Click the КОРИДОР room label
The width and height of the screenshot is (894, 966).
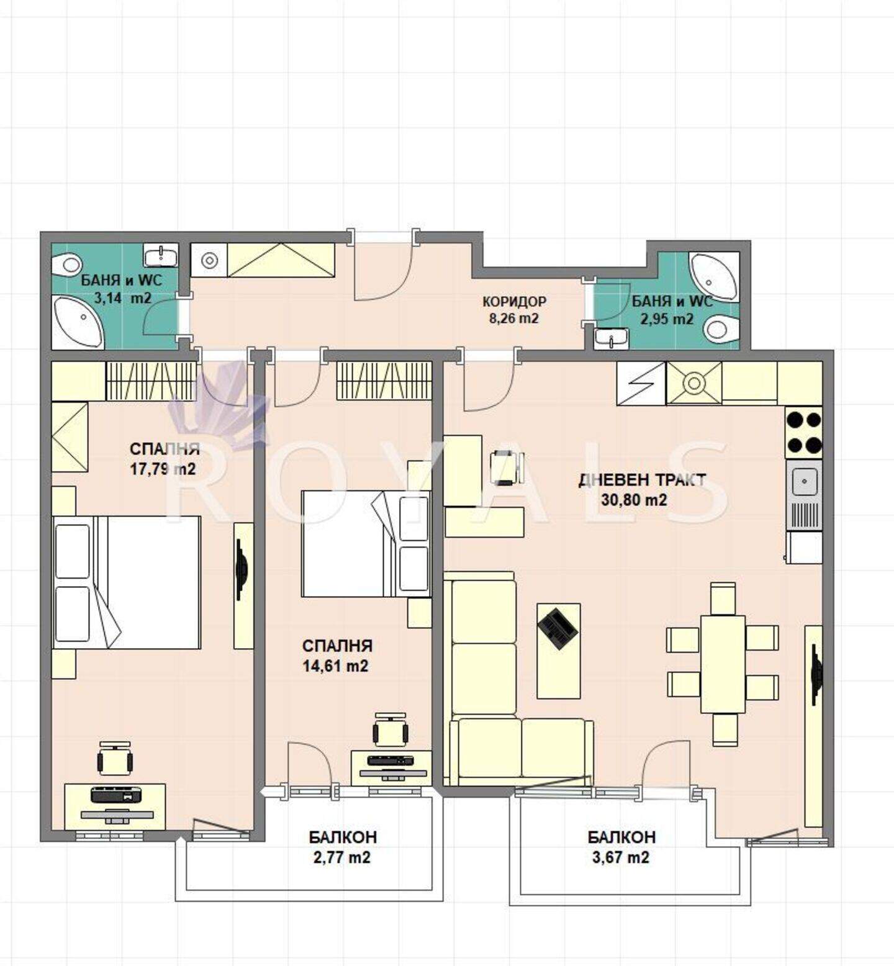coord(514,302)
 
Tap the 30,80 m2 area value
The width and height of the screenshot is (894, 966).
coord(634,500)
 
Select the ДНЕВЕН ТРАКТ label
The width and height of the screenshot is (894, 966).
coord(642,480)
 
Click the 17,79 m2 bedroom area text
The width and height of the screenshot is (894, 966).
coord(162,469)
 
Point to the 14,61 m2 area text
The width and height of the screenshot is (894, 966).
coord(335,666)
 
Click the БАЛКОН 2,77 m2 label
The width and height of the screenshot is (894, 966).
coord(342,847)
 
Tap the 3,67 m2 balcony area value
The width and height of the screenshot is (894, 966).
coord(621,857)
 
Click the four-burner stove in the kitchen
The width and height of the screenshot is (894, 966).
coord(804,432)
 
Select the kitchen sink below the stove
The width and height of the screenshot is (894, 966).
coord(805,495)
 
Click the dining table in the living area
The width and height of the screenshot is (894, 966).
coord(723,664)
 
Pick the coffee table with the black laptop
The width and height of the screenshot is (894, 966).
coord(559,651)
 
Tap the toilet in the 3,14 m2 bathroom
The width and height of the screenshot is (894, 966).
coord(66,266)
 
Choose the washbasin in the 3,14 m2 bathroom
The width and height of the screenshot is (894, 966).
coord(161,255)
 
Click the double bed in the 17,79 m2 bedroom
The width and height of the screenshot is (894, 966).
coord(127,582)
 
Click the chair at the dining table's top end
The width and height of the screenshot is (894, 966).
coord(723,598)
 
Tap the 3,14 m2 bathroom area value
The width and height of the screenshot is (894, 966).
coord(122,298)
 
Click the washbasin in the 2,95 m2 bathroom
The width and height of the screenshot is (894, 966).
coord(611,339)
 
